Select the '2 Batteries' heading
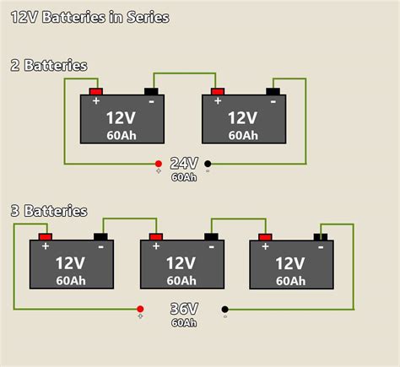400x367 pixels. point(49,65)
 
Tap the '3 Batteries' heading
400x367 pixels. point(49,210)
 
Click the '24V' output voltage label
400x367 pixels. point(184,164)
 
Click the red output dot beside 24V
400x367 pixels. point(158,164)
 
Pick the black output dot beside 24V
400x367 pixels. point(208,164)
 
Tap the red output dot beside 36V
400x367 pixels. point(140,309)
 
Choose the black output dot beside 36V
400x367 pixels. point(224,309)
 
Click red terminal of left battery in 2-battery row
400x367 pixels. point(96,91)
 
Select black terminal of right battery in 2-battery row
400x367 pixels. point(273,91)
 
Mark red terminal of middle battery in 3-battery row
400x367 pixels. point(155,236)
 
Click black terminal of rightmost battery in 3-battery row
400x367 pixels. point(321,236)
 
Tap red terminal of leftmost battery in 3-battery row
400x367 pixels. point(46,236)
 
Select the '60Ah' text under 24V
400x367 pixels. point(184,177)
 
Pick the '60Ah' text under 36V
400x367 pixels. point(184,322)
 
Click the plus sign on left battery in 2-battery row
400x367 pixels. point(95,101)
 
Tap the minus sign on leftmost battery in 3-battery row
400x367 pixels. point(100,246)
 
